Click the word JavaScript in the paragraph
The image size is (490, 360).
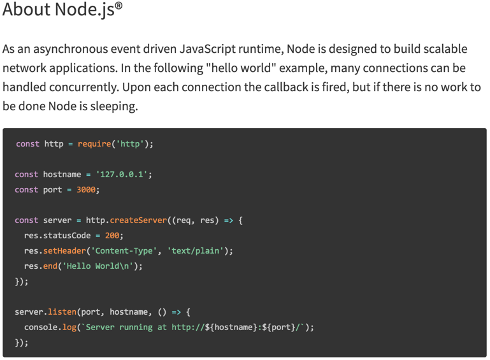coord(208,49)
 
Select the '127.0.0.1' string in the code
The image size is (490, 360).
coord(123,175)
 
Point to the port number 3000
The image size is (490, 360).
coord(87,190)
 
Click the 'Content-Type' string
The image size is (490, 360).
coord(127,251)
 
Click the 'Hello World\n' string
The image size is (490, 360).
coord(102,266)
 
